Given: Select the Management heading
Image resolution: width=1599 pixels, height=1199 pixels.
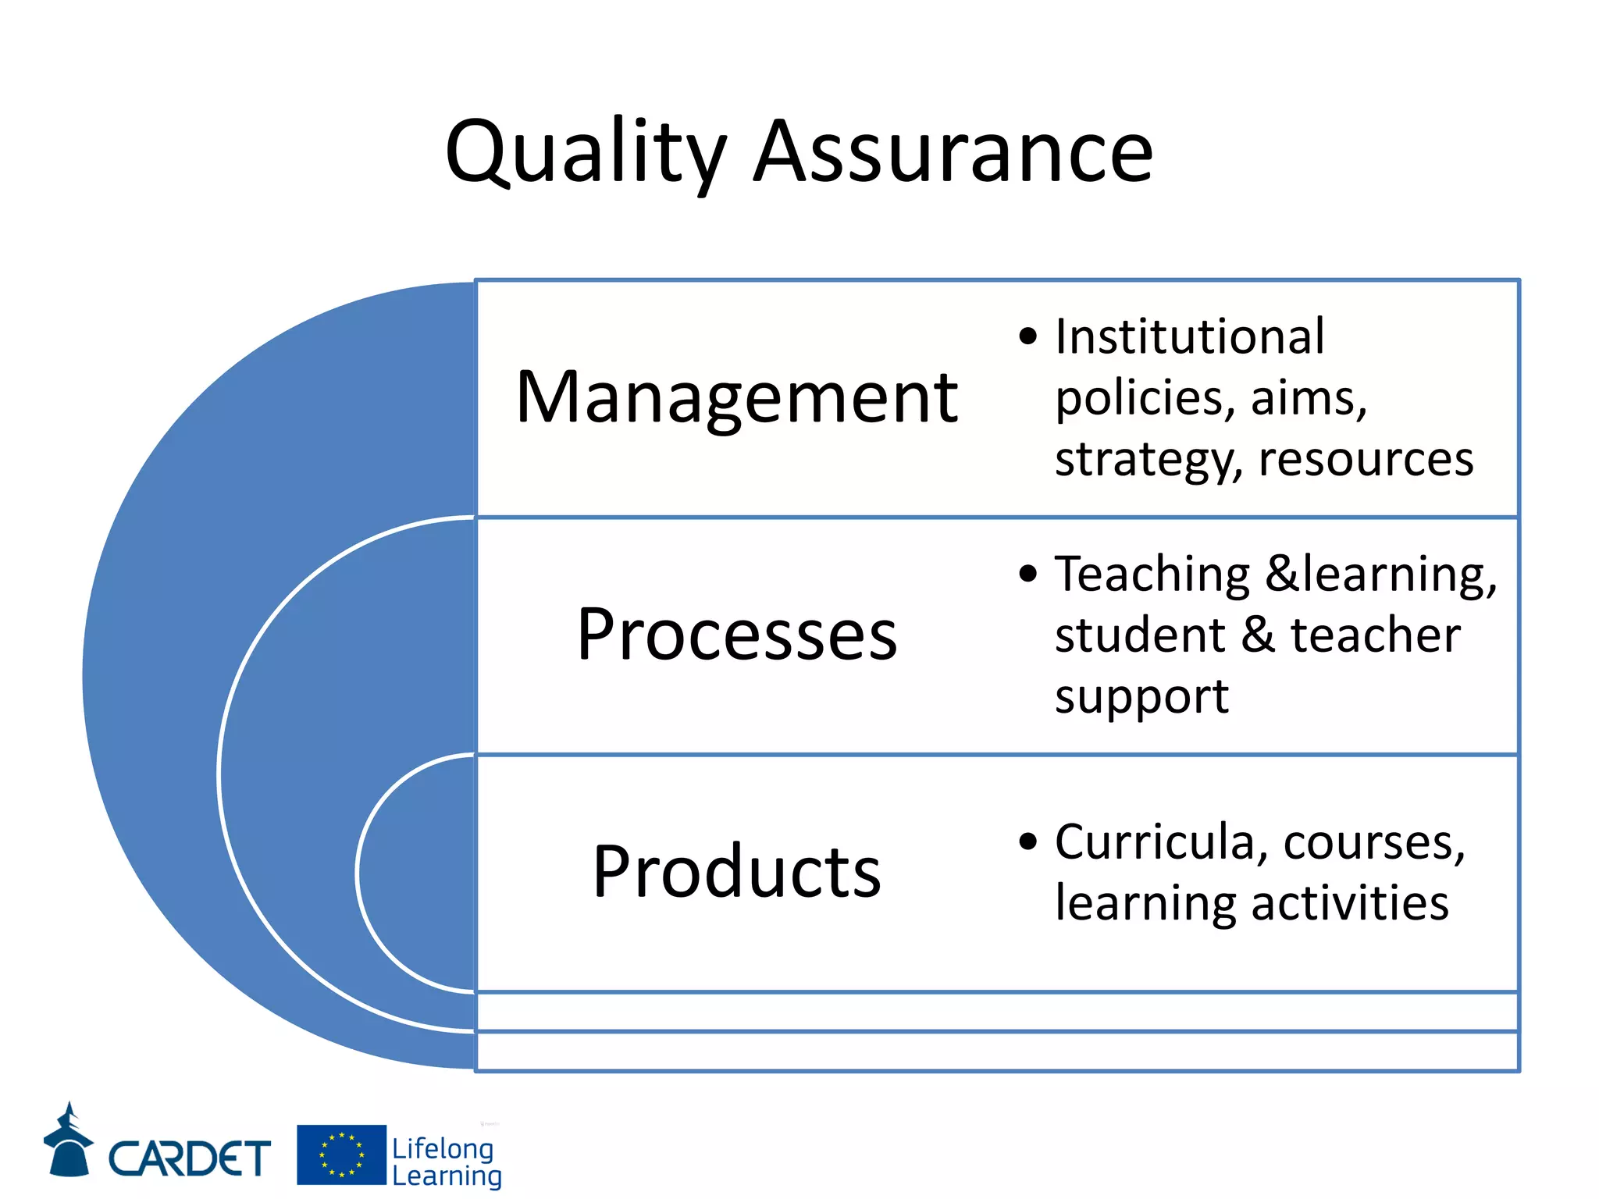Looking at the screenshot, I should [x=736, y=398].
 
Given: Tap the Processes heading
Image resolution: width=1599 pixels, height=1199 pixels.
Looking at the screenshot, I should [x=736, y=635].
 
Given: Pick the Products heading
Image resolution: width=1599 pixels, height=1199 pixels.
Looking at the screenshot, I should [x=736, y=872].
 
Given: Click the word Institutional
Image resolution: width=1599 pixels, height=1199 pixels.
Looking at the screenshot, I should [x=1189, y=337].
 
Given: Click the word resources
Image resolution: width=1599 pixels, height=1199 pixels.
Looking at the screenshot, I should [x=1366, y=459].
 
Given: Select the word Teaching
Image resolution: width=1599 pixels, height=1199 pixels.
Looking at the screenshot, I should [x=1152, y=575].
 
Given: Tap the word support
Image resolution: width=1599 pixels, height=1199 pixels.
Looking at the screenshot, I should [x=1141, y=697].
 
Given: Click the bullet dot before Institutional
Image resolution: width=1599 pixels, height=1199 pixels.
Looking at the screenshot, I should [x=1028, y=337].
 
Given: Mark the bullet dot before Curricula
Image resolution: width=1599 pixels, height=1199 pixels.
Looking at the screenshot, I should [x=1028, y=842].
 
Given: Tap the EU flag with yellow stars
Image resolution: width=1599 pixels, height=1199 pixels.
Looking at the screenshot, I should [x=341, y=1155].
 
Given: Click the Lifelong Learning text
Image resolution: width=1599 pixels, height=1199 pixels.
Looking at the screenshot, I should [x=446, y=1162].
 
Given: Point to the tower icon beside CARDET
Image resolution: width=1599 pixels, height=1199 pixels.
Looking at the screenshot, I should [x=69, y=1141].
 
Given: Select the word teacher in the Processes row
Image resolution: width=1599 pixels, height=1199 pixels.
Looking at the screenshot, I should [x=1375, y=635].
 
